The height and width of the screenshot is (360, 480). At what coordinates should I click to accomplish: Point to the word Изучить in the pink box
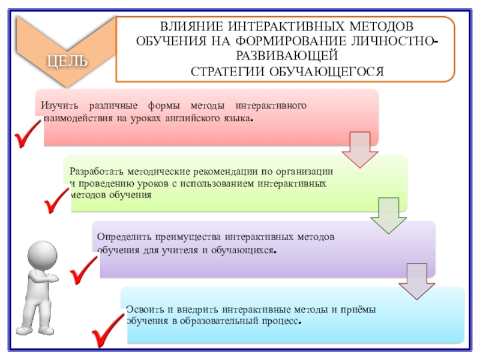(58, 106)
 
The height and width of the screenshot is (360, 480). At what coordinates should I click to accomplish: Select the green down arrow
(388, 217)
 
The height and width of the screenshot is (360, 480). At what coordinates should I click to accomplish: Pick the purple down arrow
(416, 281)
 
